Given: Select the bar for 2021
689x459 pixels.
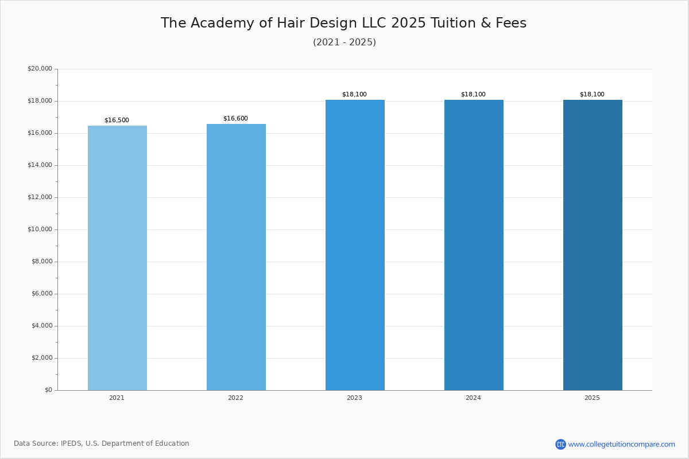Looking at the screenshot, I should coord(117,258).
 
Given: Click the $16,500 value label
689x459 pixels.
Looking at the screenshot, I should coord(117,120).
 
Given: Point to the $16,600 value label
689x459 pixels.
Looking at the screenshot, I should coord(235,119).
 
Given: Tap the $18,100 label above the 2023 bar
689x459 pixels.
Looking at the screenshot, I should coord(354,95).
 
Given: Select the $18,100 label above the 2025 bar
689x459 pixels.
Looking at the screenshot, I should coord(592,95).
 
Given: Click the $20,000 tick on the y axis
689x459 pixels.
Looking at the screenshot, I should coord(40,69).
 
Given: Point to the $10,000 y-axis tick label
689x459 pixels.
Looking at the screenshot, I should coord(40,229).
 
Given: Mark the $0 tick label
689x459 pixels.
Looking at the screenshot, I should coord(48,390).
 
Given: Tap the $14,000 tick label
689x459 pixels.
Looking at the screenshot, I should coord(40,165).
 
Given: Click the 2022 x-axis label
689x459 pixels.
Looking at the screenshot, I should coord(235,398).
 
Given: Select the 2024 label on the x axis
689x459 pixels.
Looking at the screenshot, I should coord(473,398).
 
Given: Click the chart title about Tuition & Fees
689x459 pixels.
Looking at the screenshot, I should coord(343,24).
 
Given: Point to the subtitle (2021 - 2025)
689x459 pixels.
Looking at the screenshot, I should coord(344,42).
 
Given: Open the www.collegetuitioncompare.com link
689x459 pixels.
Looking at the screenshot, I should coord(621,444).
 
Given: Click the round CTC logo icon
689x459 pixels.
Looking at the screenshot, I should coord(560,444).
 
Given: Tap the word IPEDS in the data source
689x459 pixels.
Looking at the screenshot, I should coord(71,444).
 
